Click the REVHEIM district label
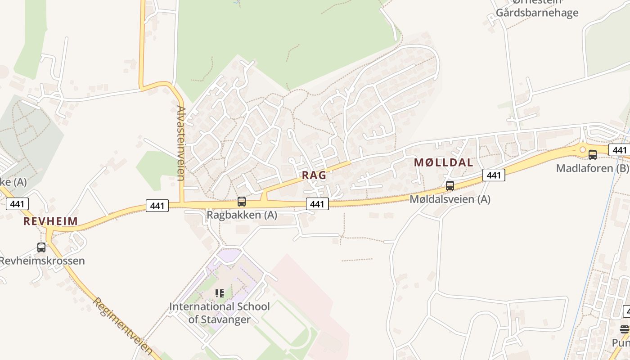click(x=50, y=221)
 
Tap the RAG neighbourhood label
click(x=314, y=175)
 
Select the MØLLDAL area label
click(x=443, y=163)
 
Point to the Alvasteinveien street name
click(x=181, y=143)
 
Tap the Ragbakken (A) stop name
click(x=242, y=215)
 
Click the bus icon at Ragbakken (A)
click(x=242, y=202)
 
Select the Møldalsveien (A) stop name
click(x=450, y=199)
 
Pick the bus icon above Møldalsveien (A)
click(x=450, y=185)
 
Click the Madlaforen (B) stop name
click(x=593, y=168)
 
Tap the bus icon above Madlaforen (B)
click(x=593, y=155)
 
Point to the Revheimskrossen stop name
click(x=42, y=261)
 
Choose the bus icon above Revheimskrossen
click(x=41, y=247)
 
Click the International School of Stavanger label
click(x=220, y=313)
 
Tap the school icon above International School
click(x=220, y=293)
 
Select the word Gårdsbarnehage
click(x=537, y=13)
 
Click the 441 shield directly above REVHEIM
click(x=17, y=204)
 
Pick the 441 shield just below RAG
click(x=317, y=204)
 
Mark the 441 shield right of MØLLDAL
click(x=494, y=175)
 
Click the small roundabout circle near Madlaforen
click(x=583, y=149)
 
